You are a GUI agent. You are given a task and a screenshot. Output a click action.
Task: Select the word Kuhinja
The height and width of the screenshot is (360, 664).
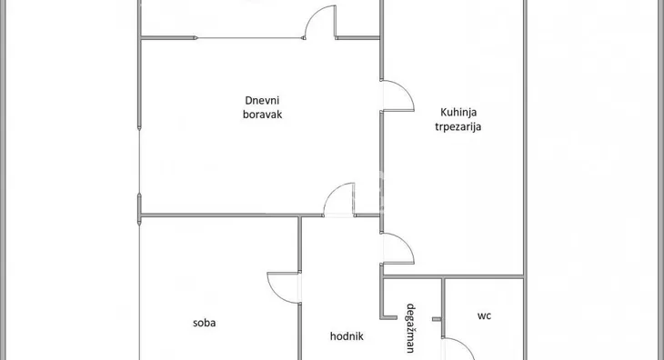click(x=458, y=112)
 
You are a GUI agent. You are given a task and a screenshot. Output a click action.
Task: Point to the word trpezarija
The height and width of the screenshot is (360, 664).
click(x=458, y=127)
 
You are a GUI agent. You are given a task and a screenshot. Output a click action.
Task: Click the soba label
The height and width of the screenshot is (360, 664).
click(x=205, y=322)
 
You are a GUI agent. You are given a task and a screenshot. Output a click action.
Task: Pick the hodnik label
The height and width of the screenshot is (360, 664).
click(x=347, y=335)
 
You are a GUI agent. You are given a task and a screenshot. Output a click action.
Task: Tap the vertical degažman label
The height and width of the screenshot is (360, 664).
click(x=411, y=327)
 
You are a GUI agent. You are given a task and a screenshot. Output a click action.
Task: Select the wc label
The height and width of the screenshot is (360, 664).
click(x=484, y=316)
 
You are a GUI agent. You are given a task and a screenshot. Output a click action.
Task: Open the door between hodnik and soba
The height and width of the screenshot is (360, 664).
click(x=285, y=287)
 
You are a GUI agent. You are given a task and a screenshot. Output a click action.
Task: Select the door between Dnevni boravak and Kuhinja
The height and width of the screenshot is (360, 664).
click(x=397, y=95)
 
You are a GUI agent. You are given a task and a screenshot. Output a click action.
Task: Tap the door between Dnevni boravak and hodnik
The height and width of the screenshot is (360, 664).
click(x=339, y=200)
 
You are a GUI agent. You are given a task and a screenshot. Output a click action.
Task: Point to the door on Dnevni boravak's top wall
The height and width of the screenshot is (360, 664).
click(x=320, y=23)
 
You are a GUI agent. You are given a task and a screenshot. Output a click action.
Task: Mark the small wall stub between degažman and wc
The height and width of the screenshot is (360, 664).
click(x=437, y=319)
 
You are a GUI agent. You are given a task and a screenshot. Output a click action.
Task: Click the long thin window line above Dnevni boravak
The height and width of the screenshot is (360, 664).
click(x=250, y=37)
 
